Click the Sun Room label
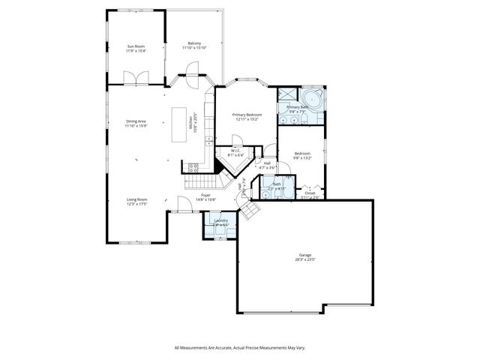135,46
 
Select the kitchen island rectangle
179,124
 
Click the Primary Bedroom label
246,115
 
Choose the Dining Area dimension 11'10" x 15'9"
136,125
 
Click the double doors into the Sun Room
135,78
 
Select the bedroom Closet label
310,193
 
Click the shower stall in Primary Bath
286,95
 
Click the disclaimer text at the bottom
240,347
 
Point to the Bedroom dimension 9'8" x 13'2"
301,158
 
